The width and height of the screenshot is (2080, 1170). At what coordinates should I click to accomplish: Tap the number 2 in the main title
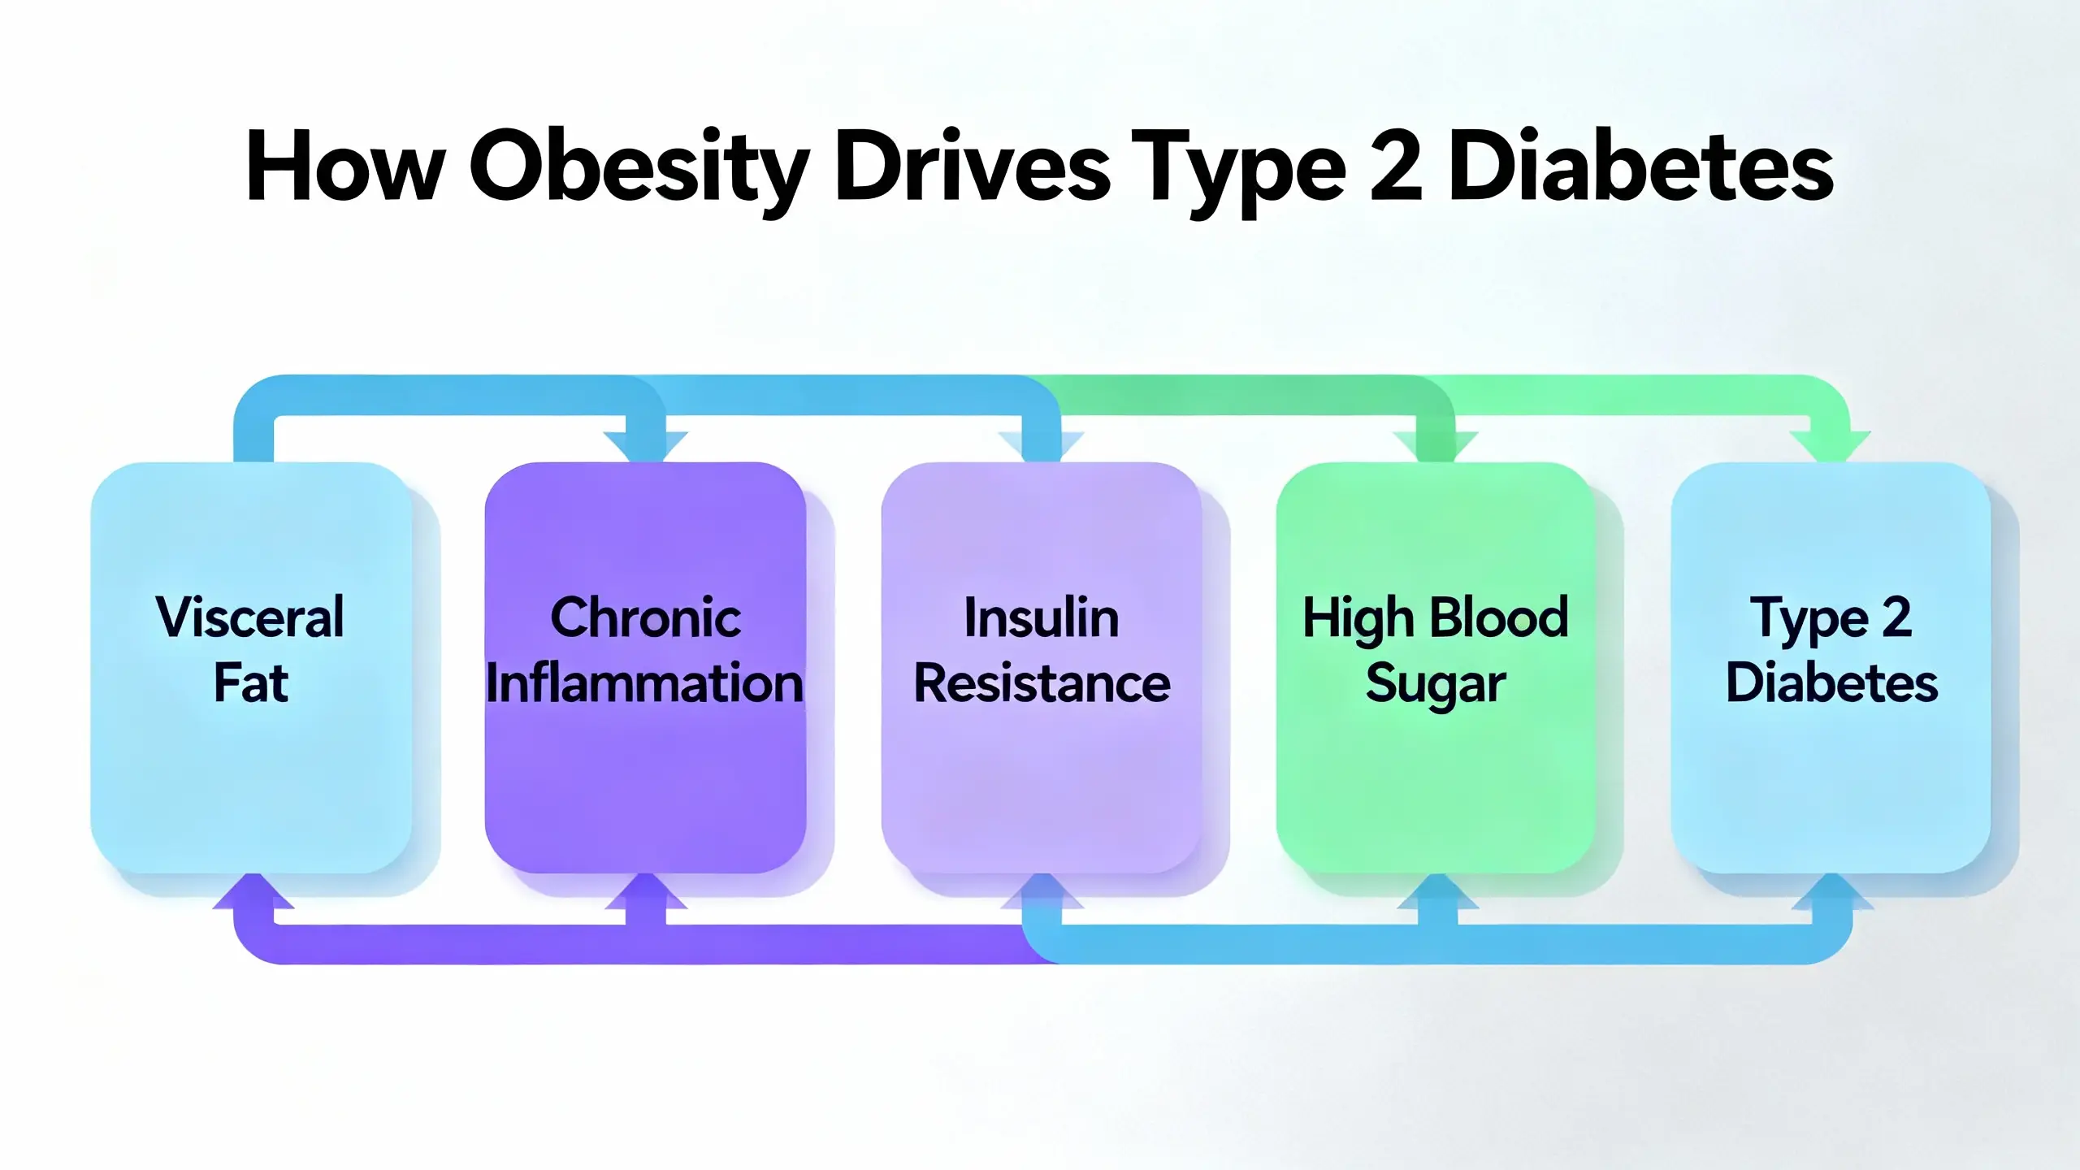click(1396, 167)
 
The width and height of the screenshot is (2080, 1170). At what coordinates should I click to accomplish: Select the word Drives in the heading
click(972, 167)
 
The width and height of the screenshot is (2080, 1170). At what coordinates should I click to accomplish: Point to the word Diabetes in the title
click(1641, 167)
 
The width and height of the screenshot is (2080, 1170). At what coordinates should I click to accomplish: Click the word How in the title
click(345, 167)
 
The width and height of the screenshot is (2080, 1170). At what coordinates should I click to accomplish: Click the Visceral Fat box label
click(250, 649)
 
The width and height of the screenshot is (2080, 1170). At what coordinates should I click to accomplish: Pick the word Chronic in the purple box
click(645, 617)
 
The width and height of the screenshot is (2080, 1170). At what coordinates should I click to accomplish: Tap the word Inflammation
click(645, 683)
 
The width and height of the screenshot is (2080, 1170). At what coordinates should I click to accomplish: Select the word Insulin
click(1041, 617)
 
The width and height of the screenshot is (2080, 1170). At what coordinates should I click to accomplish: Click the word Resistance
click(1042, 683)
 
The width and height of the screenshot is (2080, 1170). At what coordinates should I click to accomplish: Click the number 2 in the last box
click(1896, 617)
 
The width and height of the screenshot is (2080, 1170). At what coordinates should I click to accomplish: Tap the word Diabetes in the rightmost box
click(1831, 683)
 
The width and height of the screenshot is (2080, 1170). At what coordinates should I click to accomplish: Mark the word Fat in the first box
click(250, 683)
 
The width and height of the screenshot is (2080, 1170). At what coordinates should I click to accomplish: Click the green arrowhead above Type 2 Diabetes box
click(1831, 446)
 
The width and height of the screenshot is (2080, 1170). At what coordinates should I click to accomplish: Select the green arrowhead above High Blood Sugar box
click(1436, 446)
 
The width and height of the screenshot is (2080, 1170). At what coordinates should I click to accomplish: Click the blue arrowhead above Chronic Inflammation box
click(646, 446)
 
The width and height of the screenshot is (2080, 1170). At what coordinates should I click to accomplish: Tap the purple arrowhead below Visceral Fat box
click(253, 891)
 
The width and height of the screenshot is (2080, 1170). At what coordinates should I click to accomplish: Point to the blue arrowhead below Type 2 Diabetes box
click(1832, 891)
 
